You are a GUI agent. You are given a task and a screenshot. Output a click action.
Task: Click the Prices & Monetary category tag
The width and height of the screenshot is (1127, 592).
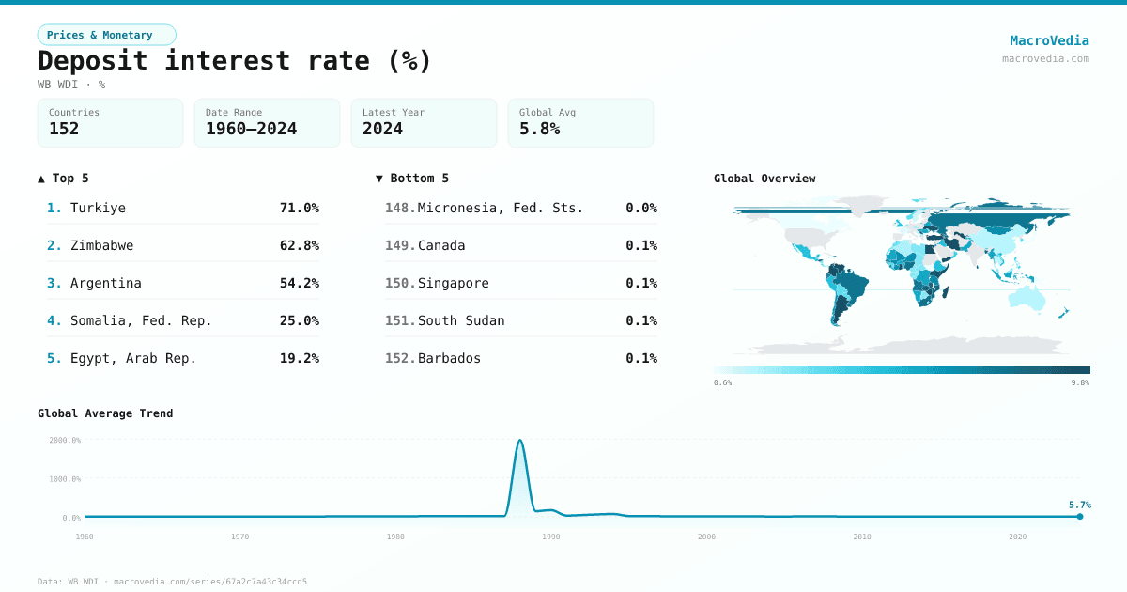(x=106, y=35)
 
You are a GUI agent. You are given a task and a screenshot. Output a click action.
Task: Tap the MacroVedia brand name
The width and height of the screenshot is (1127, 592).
(x=1049, y=40)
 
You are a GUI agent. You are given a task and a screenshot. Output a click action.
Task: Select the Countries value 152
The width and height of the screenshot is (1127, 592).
(x=64, y=129)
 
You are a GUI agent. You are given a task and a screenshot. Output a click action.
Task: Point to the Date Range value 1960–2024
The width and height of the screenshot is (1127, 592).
(x=251, y=129)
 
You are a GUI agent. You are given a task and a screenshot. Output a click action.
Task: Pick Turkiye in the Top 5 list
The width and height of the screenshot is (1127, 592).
(x=98, y=208)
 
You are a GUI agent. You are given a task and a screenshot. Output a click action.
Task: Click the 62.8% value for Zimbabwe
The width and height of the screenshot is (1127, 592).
(x=299, y=245)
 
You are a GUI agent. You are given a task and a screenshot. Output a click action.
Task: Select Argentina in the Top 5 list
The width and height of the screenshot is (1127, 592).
(x=105, y=283)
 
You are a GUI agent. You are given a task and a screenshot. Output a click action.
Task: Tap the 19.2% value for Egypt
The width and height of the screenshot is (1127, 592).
(x=299, y=358)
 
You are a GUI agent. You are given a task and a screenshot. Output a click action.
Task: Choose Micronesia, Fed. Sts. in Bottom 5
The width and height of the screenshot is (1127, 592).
(x=500, y=208)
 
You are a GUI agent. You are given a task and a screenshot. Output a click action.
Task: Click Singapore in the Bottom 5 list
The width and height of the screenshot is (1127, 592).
(x=453, y=283)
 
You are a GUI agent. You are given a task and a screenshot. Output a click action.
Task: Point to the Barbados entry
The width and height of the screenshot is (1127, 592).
(x=449, y=358)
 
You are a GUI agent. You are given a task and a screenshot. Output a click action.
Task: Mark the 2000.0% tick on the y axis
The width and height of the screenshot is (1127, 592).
(x=65, y=440)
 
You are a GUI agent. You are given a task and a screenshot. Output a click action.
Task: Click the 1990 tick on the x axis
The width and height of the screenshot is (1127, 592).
(x=550, y=537)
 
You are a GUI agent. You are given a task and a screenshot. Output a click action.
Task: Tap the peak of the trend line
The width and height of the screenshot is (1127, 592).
(x=519, y=440)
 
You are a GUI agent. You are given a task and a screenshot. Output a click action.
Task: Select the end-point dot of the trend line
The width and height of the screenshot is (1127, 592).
(x=1080, y=516)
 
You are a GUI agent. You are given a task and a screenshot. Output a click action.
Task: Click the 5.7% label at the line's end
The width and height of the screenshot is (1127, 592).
(x=1079, y=505)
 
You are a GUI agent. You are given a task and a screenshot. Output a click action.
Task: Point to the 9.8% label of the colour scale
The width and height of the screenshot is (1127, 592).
(x=1080, y=383)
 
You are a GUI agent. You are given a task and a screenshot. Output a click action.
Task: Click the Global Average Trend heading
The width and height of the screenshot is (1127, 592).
(x=105, y=413)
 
